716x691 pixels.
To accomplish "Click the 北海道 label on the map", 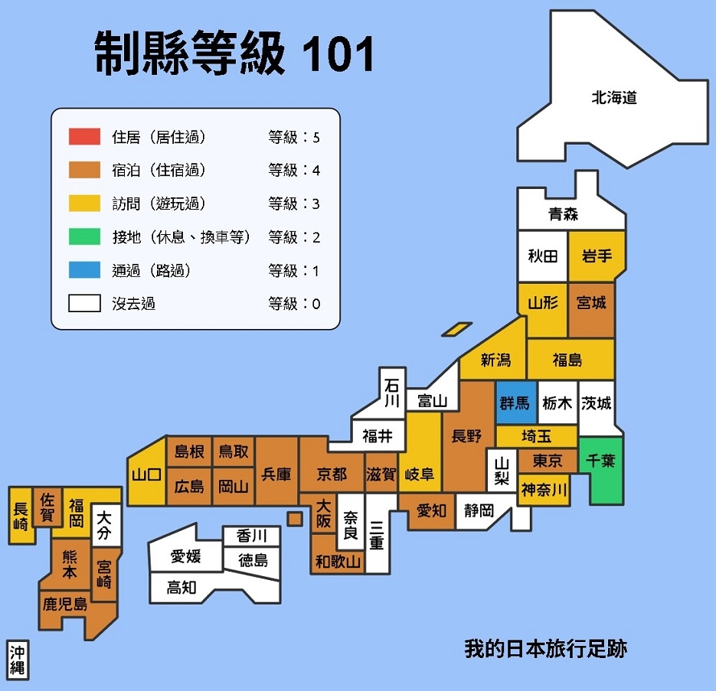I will (613, 97).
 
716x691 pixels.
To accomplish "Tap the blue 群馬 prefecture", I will (515, 403).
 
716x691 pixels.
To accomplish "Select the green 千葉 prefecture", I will (601, 462).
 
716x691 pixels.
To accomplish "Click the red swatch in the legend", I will (84, 137).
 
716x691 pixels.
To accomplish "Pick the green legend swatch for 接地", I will (84, 237).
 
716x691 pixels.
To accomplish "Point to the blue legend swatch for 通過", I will (84, 271).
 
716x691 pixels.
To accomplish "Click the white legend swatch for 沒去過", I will (84, 304).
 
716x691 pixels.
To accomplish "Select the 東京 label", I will (547, 461).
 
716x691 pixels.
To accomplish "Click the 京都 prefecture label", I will (332, 474).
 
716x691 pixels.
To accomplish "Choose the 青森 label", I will (563, 214).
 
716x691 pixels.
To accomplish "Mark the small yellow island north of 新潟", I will (456, 329).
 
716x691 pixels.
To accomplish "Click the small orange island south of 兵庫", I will (295, 519).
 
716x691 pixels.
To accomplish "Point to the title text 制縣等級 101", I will (234, 54).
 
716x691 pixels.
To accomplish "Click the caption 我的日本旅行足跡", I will (545, 649).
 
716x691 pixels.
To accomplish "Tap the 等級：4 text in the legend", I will (294, 170).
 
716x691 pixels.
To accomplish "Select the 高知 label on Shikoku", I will (182, 587).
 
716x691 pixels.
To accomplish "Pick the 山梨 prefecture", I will (501, 471).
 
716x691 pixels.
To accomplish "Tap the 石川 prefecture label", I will (392, 391).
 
